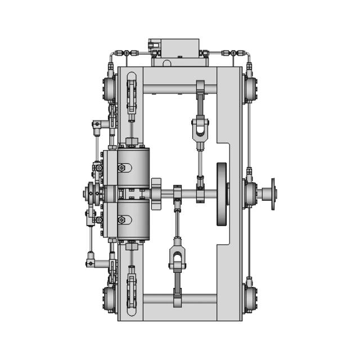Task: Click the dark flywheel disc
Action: [x=223, y=194]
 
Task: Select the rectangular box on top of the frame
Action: [x=174, y=47]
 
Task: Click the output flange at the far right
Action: [x=273, y=194]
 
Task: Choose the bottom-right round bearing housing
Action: [x=251, y=299]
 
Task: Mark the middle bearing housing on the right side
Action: [x=251, y=194]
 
